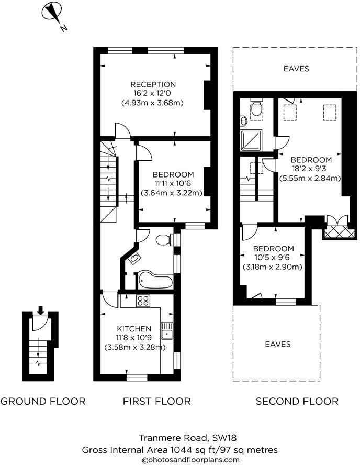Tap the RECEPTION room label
[x=153, y=84]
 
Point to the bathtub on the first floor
[x=154, y=281]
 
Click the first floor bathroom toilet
[x=164, y=240]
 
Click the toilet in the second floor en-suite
[x=256, y=109]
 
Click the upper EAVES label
[x=296, y=69]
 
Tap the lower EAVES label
[x=277, y=344]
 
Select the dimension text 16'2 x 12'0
[x=153, y=94]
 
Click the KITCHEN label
[x=134, y=328]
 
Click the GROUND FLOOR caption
[x=43, y=402]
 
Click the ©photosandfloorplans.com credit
[x=179, y=460]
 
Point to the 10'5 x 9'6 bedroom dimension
[x=272, y=258]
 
